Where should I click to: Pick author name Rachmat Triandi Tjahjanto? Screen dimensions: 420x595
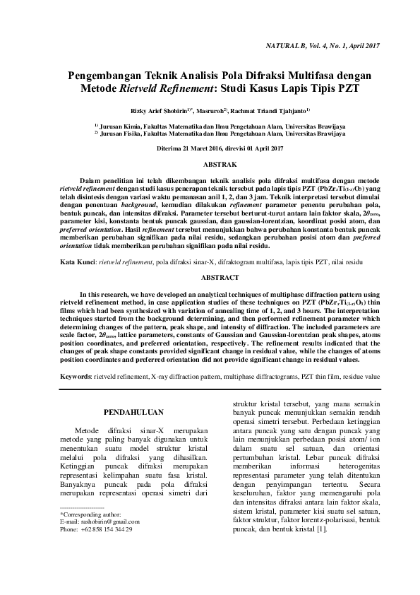[271, 111]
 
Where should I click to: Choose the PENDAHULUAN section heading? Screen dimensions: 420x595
[133, 411]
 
